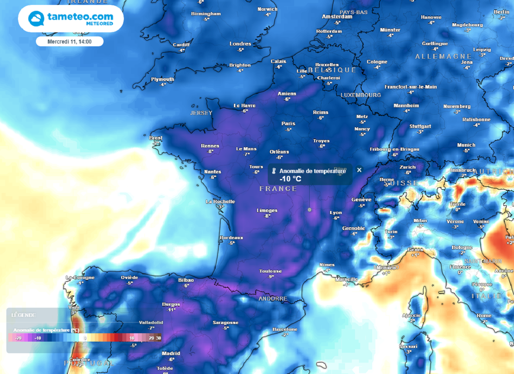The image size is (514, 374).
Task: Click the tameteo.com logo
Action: (71, 19)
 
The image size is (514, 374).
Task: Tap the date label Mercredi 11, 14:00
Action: (69, 41)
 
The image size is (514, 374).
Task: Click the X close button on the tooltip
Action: (359, 170)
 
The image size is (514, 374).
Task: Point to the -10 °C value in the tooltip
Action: (290, 179)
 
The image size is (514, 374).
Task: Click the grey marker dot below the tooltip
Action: (309, 209)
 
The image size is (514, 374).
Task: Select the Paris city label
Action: (288, 123)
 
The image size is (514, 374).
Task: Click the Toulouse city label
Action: (270, 271)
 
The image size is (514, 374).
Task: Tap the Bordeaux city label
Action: (231, 237)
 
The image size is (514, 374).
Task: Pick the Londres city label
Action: (240, 44)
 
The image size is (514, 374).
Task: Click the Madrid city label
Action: (171, 353)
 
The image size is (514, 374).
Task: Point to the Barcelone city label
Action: (285, 329)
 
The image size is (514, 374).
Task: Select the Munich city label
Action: (466, 145)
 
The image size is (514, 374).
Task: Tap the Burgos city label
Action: (171, 304)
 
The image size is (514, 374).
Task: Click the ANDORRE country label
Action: (273, 298)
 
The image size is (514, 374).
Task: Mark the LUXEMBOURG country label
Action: (360, 95)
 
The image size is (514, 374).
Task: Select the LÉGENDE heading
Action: (24, 315)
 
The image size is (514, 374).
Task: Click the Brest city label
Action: (156, 138)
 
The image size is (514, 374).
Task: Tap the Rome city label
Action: (484, 316)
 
